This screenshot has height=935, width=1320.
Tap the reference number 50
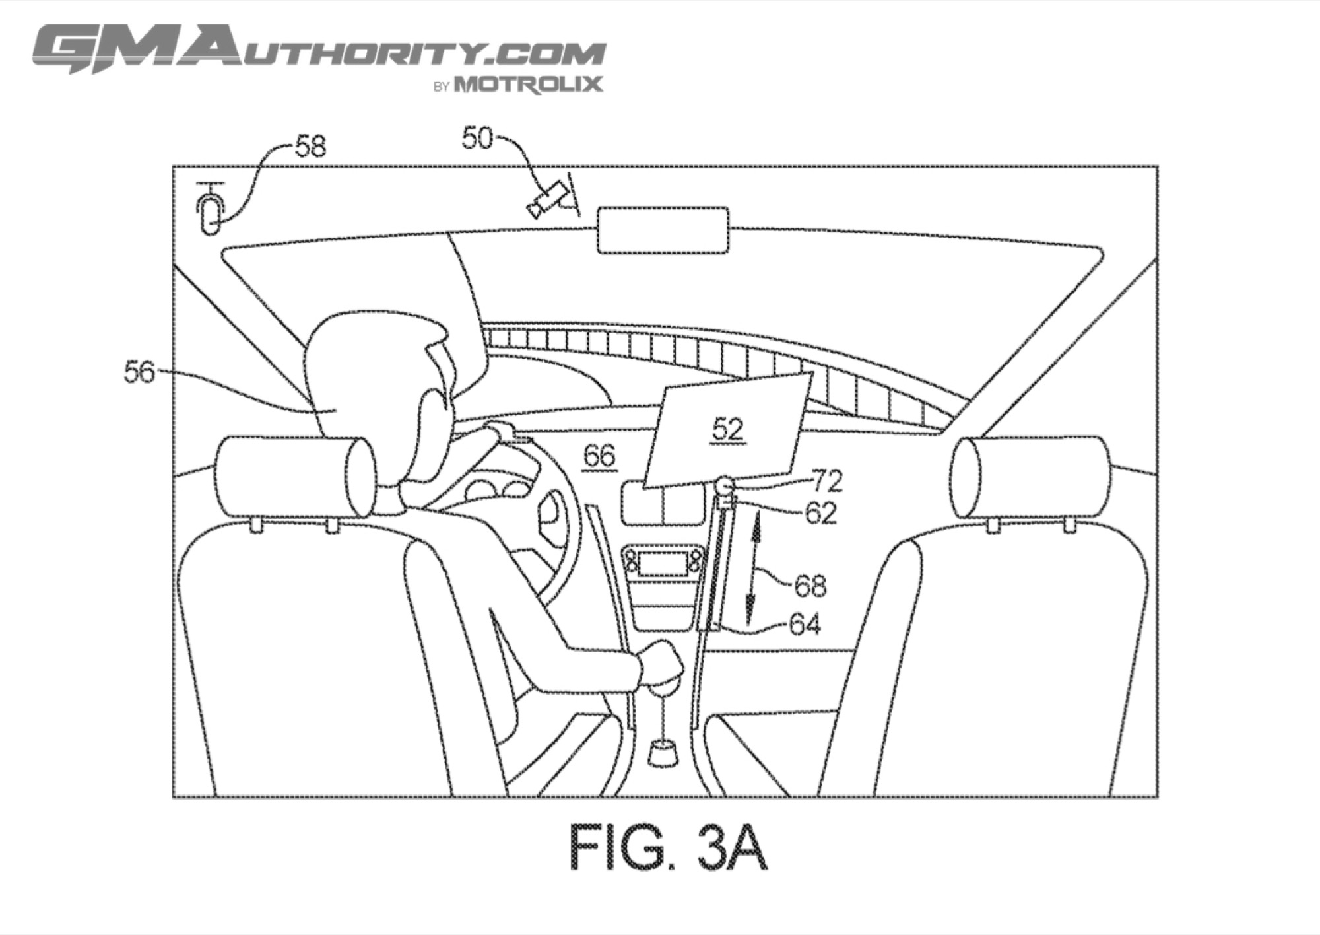[477, 138]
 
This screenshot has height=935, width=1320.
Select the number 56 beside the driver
[139, 372]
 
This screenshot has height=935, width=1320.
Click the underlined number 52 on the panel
[728, 431]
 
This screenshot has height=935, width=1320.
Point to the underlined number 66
[599, 456]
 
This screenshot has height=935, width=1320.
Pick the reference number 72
[828, 481]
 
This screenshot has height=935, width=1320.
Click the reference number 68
[810, 586]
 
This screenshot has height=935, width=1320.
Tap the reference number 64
[805, 624]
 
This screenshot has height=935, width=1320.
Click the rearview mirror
[663, 230]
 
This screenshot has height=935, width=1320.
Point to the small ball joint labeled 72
[725, 487]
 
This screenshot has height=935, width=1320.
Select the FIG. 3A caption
[668, 847]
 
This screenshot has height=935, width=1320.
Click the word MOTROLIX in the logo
[528, 85]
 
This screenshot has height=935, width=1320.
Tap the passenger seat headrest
[1030, 476]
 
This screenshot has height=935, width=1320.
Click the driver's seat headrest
[294, 476]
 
